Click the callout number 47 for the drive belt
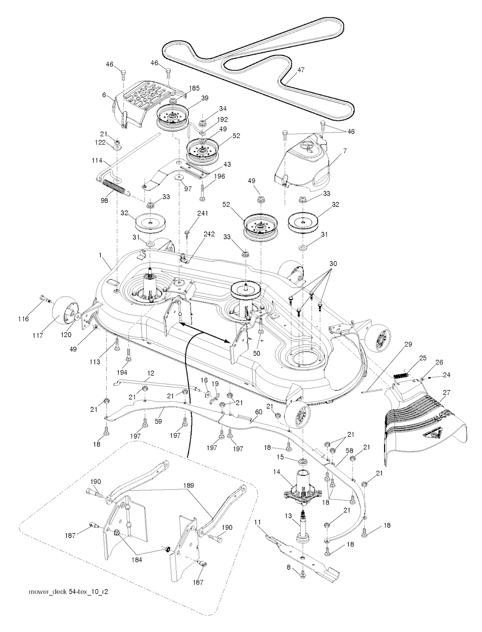point(301,70)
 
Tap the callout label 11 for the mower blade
point(258,522)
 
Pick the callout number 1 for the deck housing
point(100,255)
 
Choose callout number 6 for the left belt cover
point(104,95)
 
